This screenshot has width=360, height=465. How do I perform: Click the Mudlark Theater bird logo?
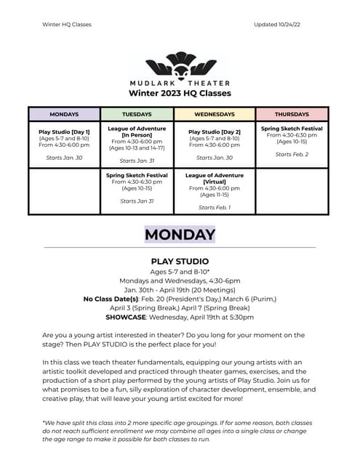(180, 65)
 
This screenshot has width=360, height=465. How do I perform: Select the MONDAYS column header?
(64, 114)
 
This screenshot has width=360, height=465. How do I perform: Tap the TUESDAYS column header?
(137, 114)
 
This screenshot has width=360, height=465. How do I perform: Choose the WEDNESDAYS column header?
(215, 114)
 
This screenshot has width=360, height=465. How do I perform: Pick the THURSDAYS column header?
(292, 114)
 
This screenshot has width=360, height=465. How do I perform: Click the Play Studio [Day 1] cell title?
(64, 132)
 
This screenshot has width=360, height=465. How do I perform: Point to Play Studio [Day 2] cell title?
(215, 132)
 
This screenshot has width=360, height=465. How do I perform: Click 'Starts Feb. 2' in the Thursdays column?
(292, 154)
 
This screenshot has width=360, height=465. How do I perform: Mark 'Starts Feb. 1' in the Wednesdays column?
(215, 208)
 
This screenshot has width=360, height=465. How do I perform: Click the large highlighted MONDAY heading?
(180, 235)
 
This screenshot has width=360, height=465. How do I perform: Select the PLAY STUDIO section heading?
(180, 261)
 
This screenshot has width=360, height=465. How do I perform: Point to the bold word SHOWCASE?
(127, 318)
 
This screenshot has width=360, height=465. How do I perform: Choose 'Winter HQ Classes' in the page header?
(67, 24)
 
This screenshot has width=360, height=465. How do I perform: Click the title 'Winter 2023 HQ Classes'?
(180, 93)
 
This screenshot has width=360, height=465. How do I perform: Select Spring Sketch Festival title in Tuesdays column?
(137, 175)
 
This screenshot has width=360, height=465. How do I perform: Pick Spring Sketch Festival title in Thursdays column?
(292, 129)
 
